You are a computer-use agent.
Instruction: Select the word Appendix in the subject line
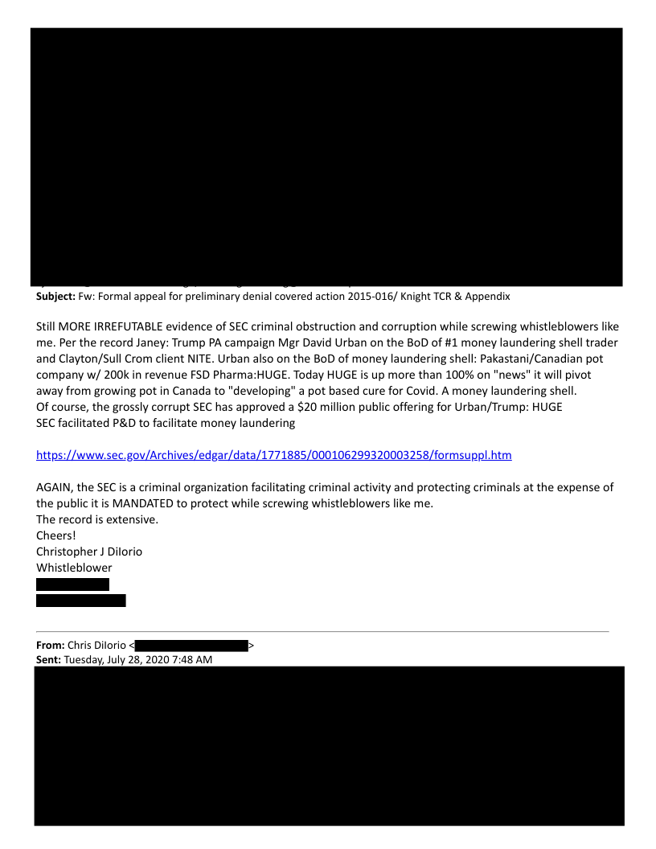click(x=486, y=297)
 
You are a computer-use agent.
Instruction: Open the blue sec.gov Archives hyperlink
click(x=274, y=455)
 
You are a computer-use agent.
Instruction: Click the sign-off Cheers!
click(x=56, y=535)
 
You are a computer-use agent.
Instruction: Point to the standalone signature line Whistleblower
click(x=74, y=567)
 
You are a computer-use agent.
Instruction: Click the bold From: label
click(x=51, y=645)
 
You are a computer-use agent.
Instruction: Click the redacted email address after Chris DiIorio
click(x=191, y=645)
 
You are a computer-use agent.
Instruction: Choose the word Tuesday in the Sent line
click(x=86, y=660)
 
